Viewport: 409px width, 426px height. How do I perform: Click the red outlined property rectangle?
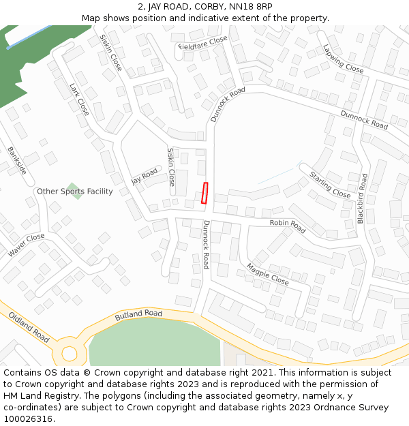(204, 193)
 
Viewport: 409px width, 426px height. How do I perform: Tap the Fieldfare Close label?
(203, 44)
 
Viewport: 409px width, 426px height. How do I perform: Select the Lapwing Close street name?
(343, 59)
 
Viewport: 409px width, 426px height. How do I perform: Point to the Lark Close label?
(79, 99)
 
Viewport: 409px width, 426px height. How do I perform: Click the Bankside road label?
(17, 160)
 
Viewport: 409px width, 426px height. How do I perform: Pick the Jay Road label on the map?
(145, 177)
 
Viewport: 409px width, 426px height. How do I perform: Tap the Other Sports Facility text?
(75, 192)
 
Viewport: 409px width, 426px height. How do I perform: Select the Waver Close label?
(27, 245)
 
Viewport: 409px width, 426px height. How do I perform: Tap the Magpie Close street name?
(267, 273)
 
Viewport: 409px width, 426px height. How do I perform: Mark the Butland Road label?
(138, 314)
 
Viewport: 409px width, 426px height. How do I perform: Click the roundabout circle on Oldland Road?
(70, 354)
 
